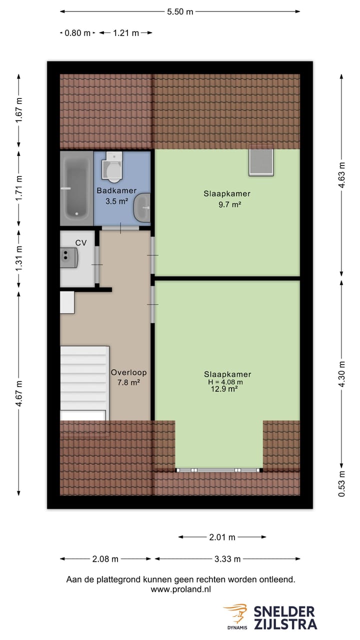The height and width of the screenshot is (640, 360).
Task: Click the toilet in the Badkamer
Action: pyautogui.click(x=112, y=167)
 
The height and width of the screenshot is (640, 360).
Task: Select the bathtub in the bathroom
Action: pyautogui.click(x=76, y=188)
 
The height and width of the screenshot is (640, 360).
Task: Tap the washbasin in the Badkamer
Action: pyautogui.click(x=143, y=207)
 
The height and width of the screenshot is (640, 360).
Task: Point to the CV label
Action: pyautogui.click(x=81, y=242)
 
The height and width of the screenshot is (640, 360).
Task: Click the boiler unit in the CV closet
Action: pyautogui.click(x=69, y=258)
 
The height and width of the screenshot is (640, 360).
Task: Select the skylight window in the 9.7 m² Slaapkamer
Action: pyautogui.click(x=261, y=160)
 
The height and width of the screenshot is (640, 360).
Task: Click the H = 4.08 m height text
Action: pyautogui.click(x=225, y=382)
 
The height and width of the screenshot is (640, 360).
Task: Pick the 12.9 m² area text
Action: pyautogui.click(x=224, y=389)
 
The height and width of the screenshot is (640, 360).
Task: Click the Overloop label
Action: pyautogui.click(x=128, y=372)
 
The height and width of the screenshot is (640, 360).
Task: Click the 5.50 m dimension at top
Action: pyautogui.click(x=180, y=12)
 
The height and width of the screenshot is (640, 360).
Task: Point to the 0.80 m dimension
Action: pyautogui.click(x=78, y=33)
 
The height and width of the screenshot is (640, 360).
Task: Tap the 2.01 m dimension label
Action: pyautogui.click(x=222, y=537)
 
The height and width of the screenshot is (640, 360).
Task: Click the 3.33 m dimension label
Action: pyautogui.click(x=227, y=559)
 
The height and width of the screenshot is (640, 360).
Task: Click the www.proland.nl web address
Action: pyautogui.click(x=180, y=589)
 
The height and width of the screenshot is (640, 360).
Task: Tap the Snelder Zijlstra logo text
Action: pyautogui.click(x=284, y=617)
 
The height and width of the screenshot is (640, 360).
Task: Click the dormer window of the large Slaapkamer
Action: pyautogui.click(x=218, y=470)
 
